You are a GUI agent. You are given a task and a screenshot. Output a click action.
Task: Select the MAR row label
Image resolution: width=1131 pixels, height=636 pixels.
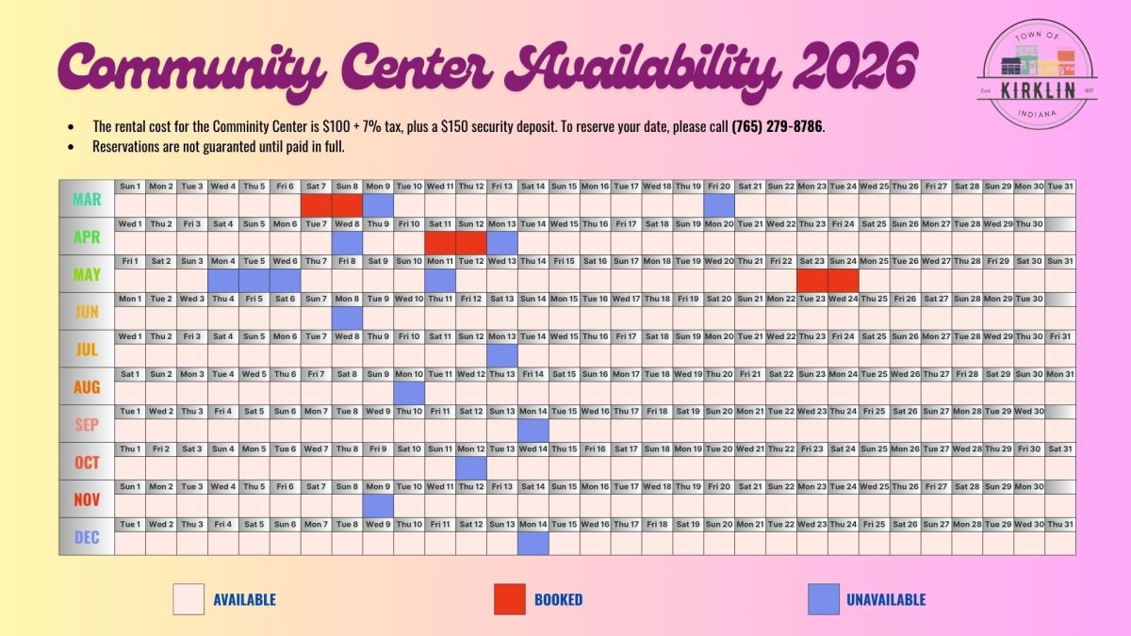click(x=87, y=199)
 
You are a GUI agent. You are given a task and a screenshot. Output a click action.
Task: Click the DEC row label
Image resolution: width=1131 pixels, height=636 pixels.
click(x=87, y=537)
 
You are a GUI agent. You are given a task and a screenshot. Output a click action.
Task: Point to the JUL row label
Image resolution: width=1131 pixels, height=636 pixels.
click(x=87, y=350)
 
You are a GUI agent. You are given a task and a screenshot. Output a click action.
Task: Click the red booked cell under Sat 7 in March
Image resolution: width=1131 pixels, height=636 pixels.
click(x=317, y=204)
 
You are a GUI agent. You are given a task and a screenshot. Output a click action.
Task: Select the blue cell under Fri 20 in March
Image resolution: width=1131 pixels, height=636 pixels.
click(x=719, y=204)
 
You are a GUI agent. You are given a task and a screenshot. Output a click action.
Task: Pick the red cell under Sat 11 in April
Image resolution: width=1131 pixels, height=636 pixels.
click(x=440, y=242)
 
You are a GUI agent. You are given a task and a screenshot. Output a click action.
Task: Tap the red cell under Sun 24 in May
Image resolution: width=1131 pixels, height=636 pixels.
click(x=844, y=280)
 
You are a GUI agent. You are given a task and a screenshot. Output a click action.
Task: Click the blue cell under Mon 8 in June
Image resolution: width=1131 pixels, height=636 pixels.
click(x=348, y=318)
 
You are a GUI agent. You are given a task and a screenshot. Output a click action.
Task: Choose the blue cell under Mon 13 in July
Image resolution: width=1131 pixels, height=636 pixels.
click(x=502, y=355)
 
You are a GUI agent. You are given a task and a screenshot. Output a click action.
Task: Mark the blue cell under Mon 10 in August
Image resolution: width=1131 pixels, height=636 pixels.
click(x=409, y=393)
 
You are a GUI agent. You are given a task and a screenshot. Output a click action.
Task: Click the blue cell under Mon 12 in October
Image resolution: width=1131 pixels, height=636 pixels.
click(x=471, y=467)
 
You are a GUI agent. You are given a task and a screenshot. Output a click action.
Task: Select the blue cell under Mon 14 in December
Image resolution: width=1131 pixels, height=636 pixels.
click(x=533, y=543)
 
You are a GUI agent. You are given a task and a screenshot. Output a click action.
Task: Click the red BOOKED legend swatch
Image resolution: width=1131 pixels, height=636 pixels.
click(x=509, y=599)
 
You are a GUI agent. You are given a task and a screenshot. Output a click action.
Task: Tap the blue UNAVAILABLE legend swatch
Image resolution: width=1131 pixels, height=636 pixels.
click(x=823, y=599)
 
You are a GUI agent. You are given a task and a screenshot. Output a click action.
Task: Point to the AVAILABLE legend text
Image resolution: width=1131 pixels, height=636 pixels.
click(x=244, y=599)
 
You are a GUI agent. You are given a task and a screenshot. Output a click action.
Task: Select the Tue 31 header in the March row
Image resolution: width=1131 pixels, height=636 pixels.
click(x=1060, y=187)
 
